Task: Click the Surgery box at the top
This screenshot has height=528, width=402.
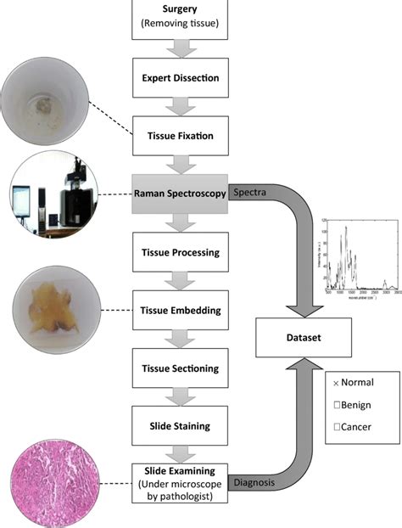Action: click(181, 19)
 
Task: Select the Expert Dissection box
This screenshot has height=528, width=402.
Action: click(181, 78)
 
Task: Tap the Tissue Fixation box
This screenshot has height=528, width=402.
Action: click(181, 136)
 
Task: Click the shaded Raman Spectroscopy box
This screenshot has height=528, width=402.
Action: click(181, 194)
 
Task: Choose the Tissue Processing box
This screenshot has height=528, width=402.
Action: click(181, 252)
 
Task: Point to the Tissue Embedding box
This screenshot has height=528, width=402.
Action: click(181, 310)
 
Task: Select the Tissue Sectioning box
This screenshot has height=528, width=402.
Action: click(181, 368)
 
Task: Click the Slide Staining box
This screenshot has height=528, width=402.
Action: click(181, 426)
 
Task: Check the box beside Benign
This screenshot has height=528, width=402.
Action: click(338, 405)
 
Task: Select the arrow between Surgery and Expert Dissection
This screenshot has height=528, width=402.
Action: click(181, 48)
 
